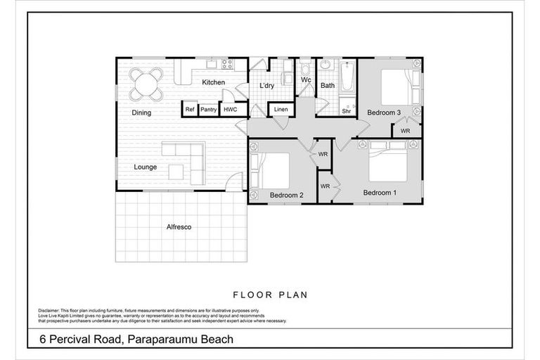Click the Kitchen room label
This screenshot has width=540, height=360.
click(213, 82)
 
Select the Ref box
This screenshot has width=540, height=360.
click(189, 110)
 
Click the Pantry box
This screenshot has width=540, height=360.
click(208, 110)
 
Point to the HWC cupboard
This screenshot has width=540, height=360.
click(230, 110)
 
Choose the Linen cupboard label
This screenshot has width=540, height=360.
click(281, 110)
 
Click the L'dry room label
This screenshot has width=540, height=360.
click(266, 86)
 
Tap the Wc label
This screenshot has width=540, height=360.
click(306, 80)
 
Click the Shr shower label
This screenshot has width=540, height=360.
click(347, 111)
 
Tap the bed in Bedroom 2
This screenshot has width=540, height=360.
click(274, 170)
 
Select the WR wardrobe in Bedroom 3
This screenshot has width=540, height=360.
click(406, 131)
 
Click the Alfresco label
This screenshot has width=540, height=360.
click(179, 227)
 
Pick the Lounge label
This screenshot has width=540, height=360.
click(146, 167)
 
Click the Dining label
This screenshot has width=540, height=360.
click(141, 112)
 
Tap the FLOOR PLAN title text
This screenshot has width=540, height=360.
click(270, 295)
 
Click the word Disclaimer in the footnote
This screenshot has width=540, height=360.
click(52, 310)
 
